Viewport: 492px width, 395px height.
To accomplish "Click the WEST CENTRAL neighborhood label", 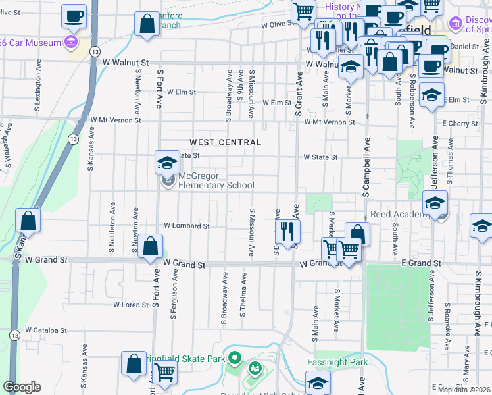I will pos(226,142).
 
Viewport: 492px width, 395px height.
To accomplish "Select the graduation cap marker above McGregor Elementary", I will pos(167,162).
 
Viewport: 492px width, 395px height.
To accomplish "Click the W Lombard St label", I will pos(186,226).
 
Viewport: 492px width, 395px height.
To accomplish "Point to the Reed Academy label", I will pos(399,215).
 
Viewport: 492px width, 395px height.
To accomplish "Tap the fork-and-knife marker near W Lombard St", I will pos(287,231).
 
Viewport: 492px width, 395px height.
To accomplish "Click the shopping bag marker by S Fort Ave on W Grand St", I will pos(151,248).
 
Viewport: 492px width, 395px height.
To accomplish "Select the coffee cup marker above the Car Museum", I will pos(74,16).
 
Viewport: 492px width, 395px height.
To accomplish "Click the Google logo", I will pos(22,387).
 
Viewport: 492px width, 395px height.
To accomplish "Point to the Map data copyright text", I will pos(464,390).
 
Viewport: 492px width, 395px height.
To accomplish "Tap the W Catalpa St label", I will pos(47,330).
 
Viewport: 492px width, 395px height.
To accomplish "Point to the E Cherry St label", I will pos(460,124).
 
